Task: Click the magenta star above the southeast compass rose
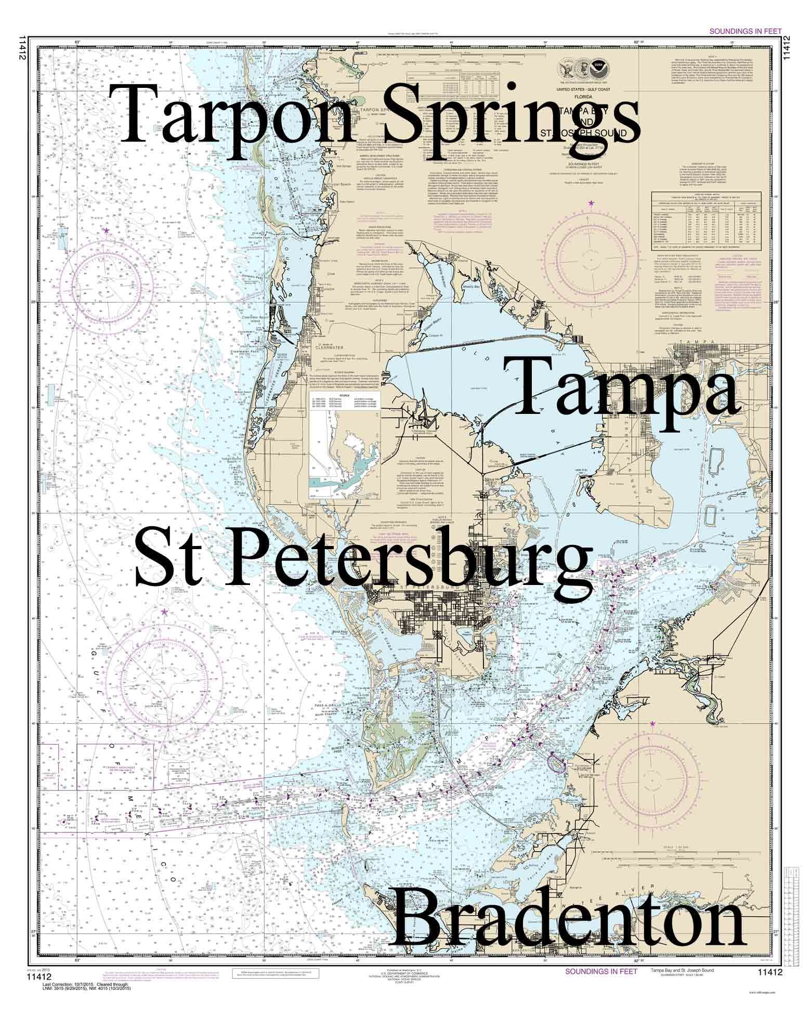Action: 652,723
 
